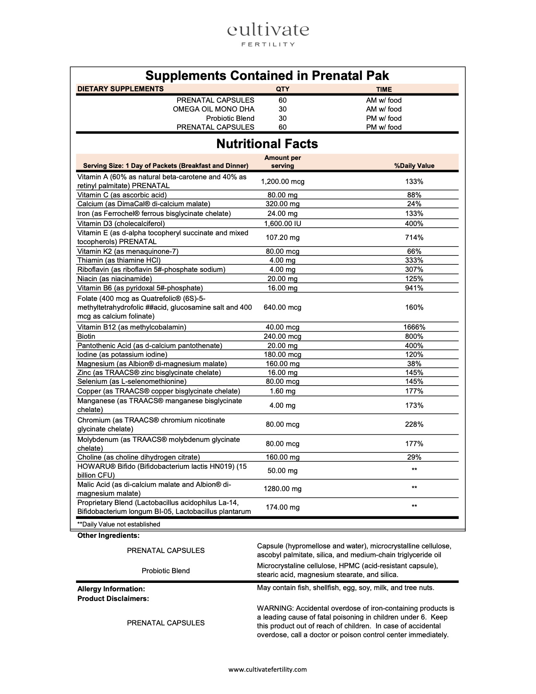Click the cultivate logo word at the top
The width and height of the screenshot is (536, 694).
[268, 30]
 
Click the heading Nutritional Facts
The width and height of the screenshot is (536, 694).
[267, 144]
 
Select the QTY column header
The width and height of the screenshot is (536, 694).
[282, 89]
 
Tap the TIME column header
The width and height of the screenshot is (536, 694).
[384, 89]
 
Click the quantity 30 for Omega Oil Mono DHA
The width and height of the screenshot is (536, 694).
[282, 109]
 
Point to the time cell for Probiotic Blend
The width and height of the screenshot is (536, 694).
[384, 118]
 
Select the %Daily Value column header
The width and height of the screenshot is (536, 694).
[414, 166]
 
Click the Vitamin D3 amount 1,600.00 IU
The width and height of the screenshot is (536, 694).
[282, 224]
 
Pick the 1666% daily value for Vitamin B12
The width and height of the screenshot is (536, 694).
[414, 327]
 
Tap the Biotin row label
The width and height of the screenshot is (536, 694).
[86, 336]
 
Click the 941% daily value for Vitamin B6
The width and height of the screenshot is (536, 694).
[414, 288]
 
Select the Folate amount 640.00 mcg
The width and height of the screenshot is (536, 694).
[282, 307]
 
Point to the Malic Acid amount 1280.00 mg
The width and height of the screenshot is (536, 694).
[282, 489]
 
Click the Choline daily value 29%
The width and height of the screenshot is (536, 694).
[414, 457]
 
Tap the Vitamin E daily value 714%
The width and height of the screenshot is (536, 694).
[414, 237]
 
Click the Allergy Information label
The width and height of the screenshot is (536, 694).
[111, 589]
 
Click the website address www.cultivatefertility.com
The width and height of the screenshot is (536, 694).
[268, 669]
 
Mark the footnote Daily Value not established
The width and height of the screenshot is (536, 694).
[119, 524]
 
